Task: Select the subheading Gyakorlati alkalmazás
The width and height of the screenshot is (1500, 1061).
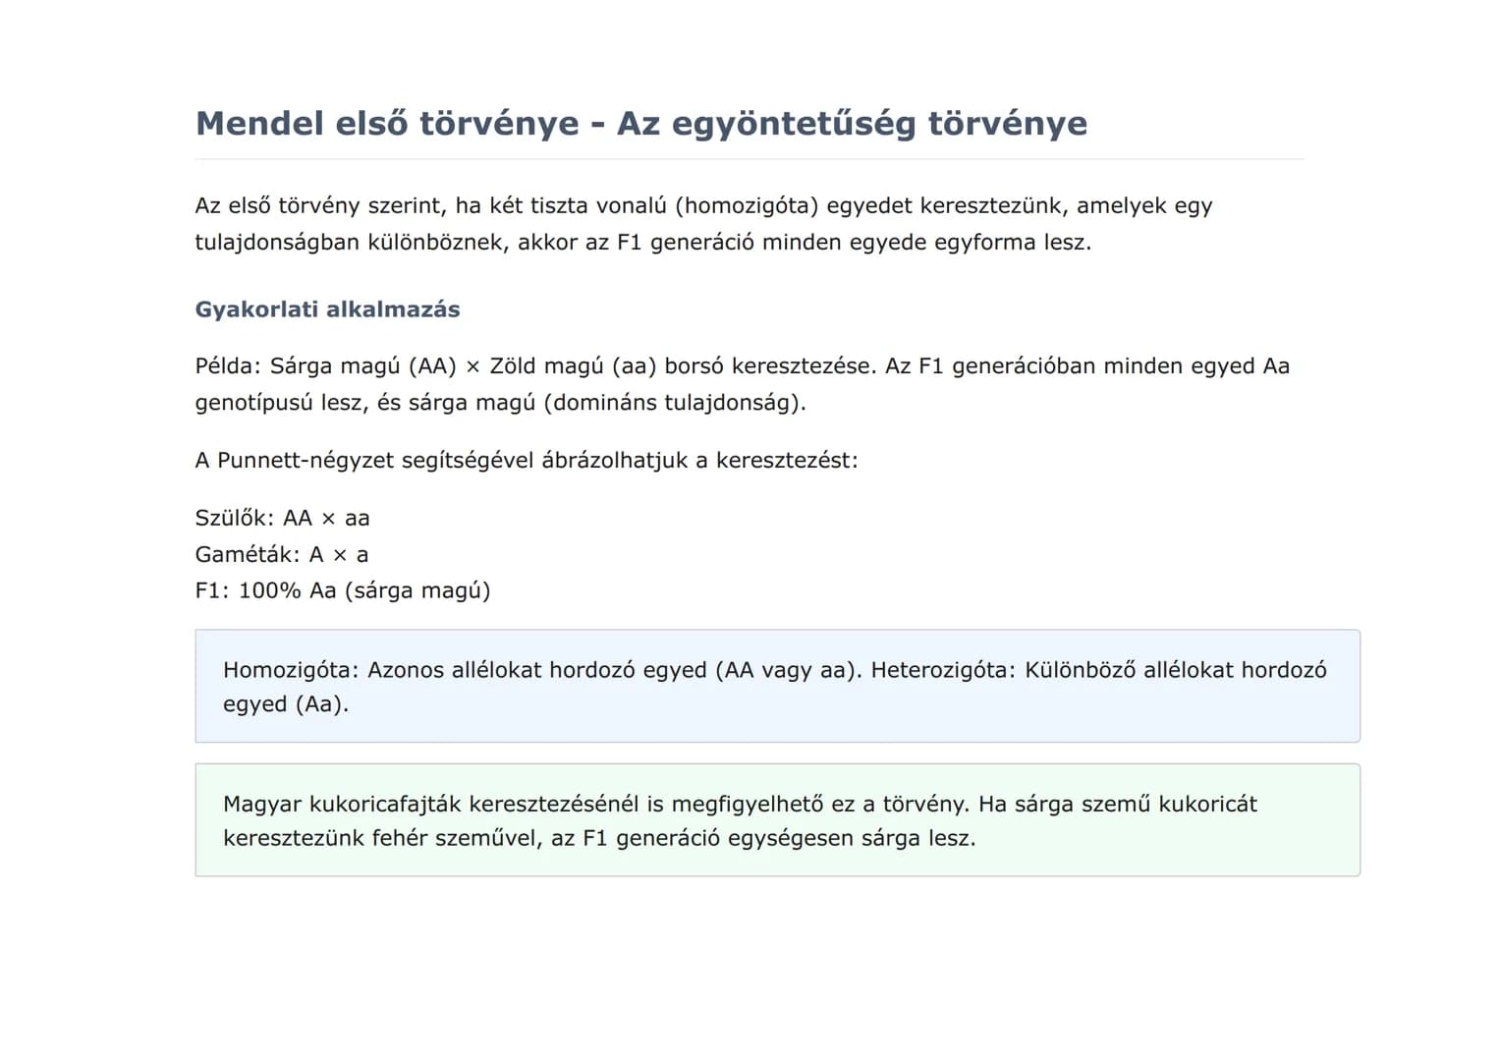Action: tap(327, 309)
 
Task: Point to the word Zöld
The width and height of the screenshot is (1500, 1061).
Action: tap(512, 366)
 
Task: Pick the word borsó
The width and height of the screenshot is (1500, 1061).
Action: tap(694, 366)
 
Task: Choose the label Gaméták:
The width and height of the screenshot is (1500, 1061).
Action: tap(248, 555)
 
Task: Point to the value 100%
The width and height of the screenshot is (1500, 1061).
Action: tap(269, 591)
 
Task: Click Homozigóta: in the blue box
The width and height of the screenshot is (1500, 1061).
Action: tap(292, 670)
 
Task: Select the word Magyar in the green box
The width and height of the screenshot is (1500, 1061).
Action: tap(261, 805)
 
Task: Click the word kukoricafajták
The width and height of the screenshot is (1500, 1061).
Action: tap(385, 805)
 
